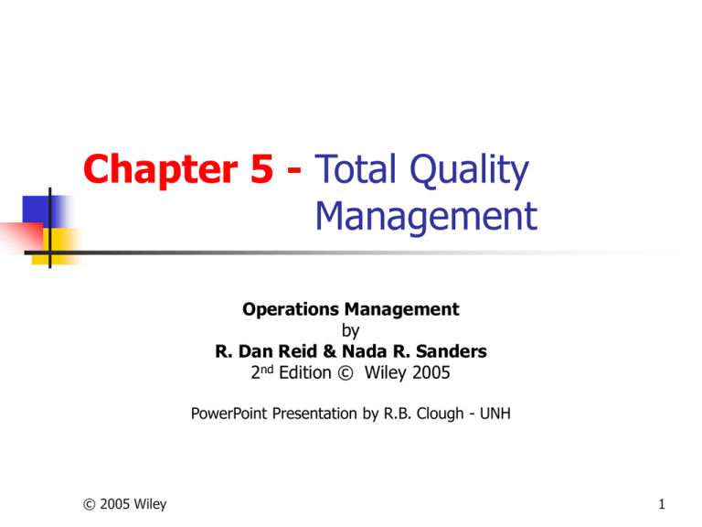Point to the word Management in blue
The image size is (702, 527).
click(424, 218)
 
